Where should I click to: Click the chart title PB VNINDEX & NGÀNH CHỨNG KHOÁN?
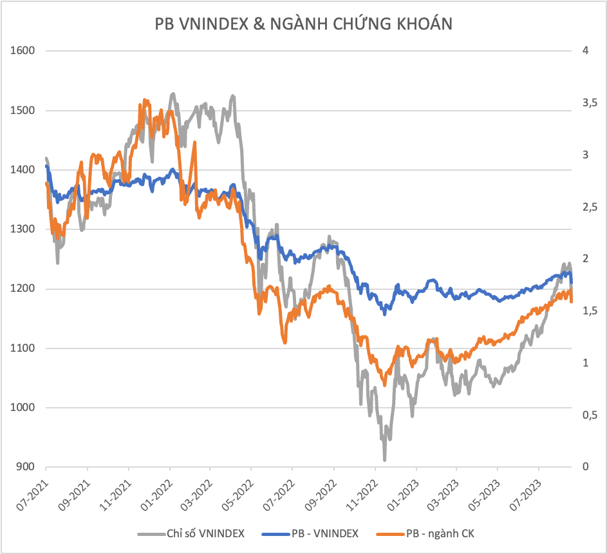click(303, 24)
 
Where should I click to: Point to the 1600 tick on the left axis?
click(23, 51)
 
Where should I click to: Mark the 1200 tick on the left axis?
click(23, 289)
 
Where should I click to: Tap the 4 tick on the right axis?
click(584, 51)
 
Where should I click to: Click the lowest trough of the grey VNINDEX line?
click(384, 459)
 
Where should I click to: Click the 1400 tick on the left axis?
click(23, 170)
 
